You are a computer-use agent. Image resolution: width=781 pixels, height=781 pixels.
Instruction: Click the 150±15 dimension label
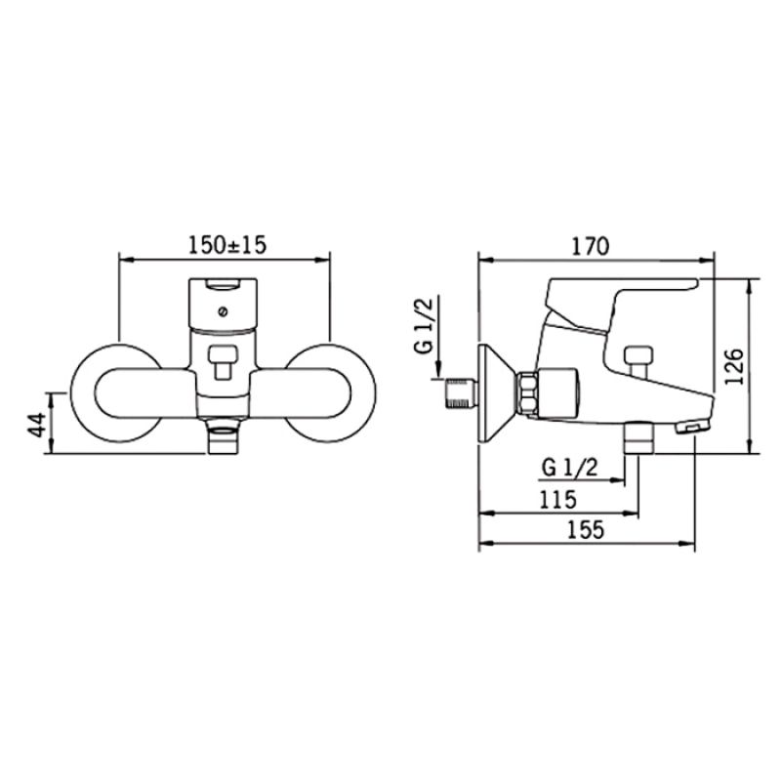(x=227, y=246)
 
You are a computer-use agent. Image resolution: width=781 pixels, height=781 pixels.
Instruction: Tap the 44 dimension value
(x=37, y=425)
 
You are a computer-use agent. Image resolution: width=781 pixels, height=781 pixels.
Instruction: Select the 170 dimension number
(x=591, y=247)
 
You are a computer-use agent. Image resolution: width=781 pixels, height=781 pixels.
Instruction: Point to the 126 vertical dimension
(x=734, y=367)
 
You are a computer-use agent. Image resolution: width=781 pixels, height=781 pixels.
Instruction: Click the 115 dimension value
(x=558, y=500)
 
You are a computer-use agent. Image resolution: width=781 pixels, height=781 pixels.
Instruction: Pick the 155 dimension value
(x=586, y=529)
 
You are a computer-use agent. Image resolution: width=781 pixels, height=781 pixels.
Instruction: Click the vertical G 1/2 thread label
(x=425, y=324)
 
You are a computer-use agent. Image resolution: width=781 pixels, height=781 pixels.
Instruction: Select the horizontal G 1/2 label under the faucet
(x=570, y=468)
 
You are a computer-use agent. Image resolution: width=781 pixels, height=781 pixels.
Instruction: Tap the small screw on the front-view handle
(x=223, y=312)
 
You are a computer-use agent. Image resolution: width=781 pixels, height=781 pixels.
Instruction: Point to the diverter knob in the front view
(x=224, y=362)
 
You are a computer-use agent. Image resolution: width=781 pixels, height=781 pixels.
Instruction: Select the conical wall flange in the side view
(x=492, y=393)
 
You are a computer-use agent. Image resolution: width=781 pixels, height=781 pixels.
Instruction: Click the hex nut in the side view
(x=528, y=393)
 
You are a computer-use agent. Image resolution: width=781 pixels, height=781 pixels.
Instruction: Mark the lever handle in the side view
(x=623, y=299)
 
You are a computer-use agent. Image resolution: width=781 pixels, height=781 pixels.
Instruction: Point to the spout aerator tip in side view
(x=692, y=428)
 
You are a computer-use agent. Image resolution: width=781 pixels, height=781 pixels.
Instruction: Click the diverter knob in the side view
(x=638, y=361)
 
